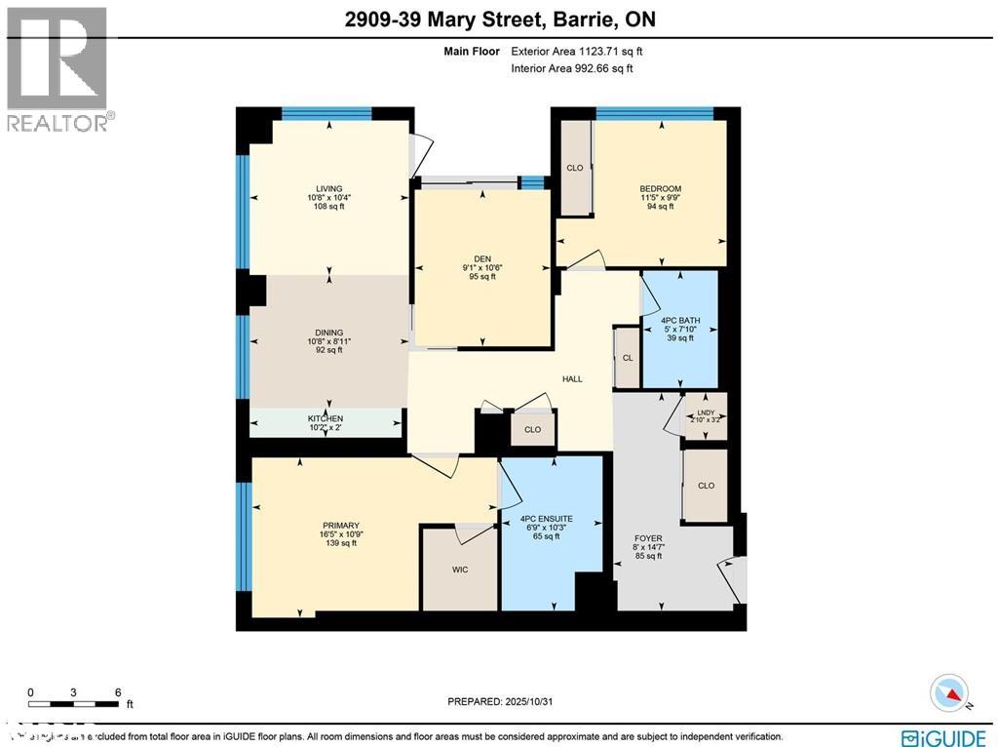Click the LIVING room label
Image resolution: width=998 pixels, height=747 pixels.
[328, 188]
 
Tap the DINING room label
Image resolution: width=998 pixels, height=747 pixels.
[328, 333]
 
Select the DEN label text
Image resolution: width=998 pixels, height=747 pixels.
[481, 258]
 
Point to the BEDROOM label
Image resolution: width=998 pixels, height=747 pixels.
[660, 188]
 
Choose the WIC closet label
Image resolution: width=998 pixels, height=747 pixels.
[460, 570]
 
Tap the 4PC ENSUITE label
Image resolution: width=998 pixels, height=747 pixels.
[546, 518]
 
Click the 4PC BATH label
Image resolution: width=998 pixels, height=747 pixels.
[679, 321]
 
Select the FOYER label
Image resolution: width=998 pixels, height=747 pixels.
[648, 538]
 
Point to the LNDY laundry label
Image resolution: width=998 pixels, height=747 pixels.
[705, 413]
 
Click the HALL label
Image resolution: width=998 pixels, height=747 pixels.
[572, 378]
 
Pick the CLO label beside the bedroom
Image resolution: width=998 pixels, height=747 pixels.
[575, 168]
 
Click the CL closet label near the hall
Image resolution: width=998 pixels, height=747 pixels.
[628, 358]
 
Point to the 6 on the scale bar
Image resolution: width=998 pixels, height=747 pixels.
[118, 692]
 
